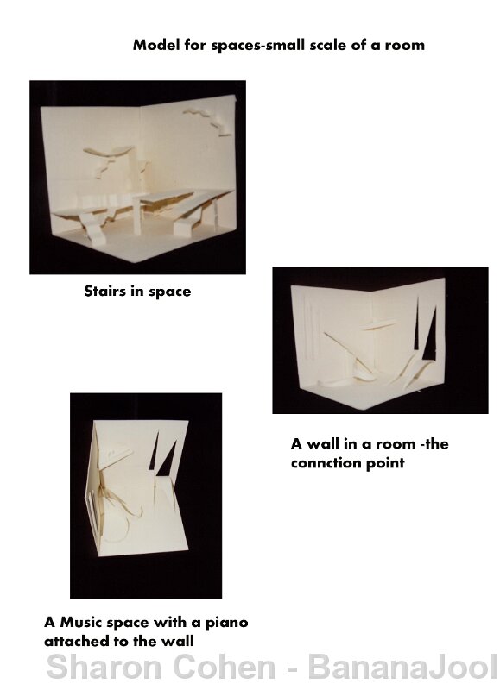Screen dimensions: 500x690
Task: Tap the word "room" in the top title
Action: click(x=404, y=45)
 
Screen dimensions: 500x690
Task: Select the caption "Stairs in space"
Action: click(x=137, y=292)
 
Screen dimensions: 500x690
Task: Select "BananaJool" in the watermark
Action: click(x=403, y=667)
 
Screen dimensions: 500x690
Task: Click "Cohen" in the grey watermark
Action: click(x=226, y=667)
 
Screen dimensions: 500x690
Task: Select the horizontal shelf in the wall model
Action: click(x=378, y=325)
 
